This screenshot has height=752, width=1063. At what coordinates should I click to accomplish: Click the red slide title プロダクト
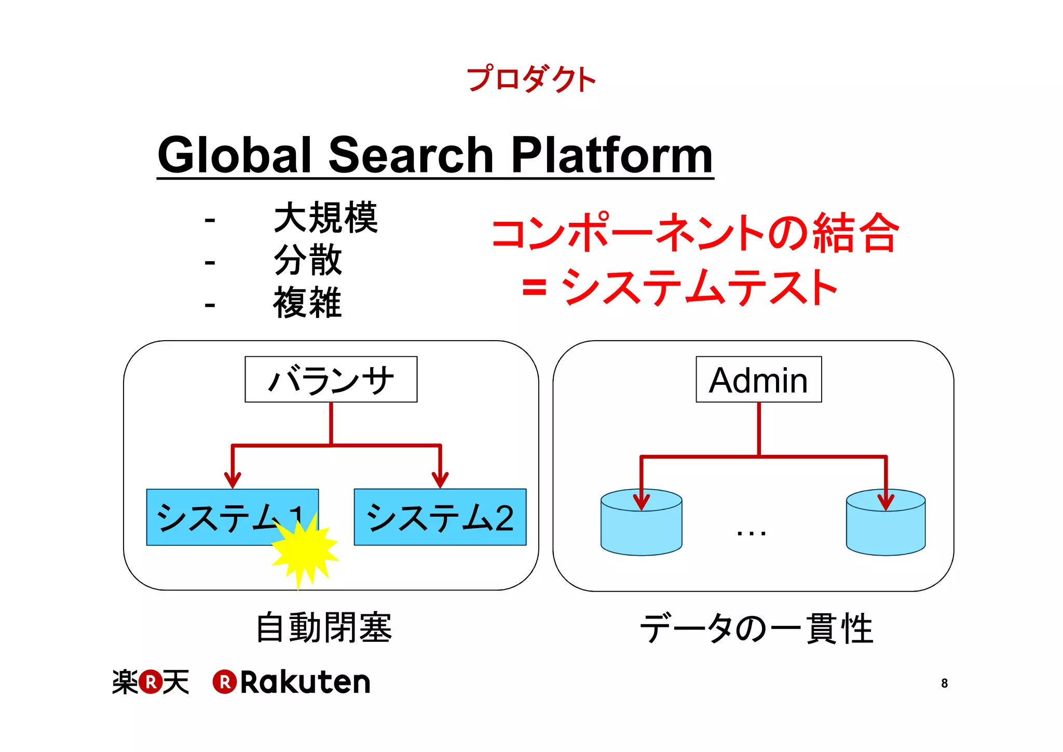click(x=531, y=79)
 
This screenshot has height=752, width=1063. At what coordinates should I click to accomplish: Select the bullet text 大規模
click(x=325, y=218)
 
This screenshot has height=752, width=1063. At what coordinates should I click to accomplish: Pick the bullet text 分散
click(x=308, y=260)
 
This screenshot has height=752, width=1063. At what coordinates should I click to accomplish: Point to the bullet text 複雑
click(x=308, y=302)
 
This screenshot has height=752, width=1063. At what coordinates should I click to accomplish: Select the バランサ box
click(x=331, y=380)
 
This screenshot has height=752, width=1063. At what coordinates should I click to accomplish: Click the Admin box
click(x=758, y=380)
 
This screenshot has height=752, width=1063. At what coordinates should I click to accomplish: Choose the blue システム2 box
click(x=440, y=517)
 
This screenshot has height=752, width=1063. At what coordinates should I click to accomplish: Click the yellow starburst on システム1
click(x=305, y=549)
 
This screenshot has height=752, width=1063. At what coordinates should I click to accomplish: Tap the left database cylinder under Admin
click(x=641, y=523)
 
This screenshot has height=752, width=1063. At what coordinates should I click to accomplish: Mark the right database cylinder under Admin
click(x=885, y=523)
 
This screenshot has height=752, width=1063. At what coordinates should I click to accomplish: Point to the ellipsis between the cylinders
click(x=751, y=533)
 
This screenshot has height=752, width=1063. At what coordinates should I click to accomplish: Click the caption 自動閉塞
click(x=324, y=628)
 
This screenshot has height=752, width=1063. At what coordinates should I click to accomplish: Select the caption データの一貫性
click(x=756, y=628)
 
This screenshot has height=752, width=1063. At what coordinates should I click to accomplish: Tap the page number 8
click(x=944, y=683)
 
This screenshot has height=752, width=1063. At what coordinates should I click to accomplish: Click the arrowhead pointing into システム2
click(x=440, y=479)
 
